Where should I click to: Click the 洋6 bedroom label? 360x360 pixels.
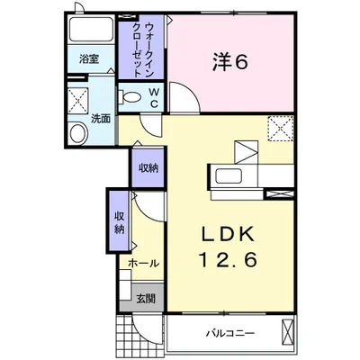(230, 62)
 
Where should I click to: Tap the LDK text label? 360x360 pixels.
(228, 235)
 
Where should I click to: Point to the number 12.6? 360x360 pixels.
(227, 259)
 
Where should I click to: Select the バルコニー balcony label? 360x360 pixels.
(230, 333)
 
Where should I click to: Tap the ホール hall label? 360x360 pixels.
(143, 264)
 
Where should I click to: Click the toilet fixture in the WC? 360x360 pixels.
(130, 97)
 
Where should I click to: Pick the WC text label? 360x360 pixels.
(154, 97)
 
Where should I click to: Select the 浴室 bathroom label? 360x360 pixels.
(89, 59)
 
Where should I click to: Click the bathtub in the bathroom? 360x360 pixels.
(90, 30)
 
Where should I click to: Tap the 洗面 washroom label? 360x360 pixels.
(101, 119)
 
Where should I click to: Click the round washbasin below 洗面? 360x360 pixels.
(78, 133)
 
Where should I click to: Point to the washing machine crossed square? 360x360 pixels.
(78, 101)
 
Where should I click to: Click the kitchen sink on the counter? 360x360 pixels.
(229, 176)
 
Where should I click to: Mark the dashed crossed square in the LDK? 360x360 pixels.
(280, 128)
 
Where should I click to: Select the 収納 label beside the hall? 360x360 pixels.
(119, 223)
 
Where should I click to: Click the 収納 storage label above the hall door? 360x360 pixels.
(148, 168)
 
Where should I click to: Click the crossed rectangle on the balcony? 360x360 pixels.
(288, 334)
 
